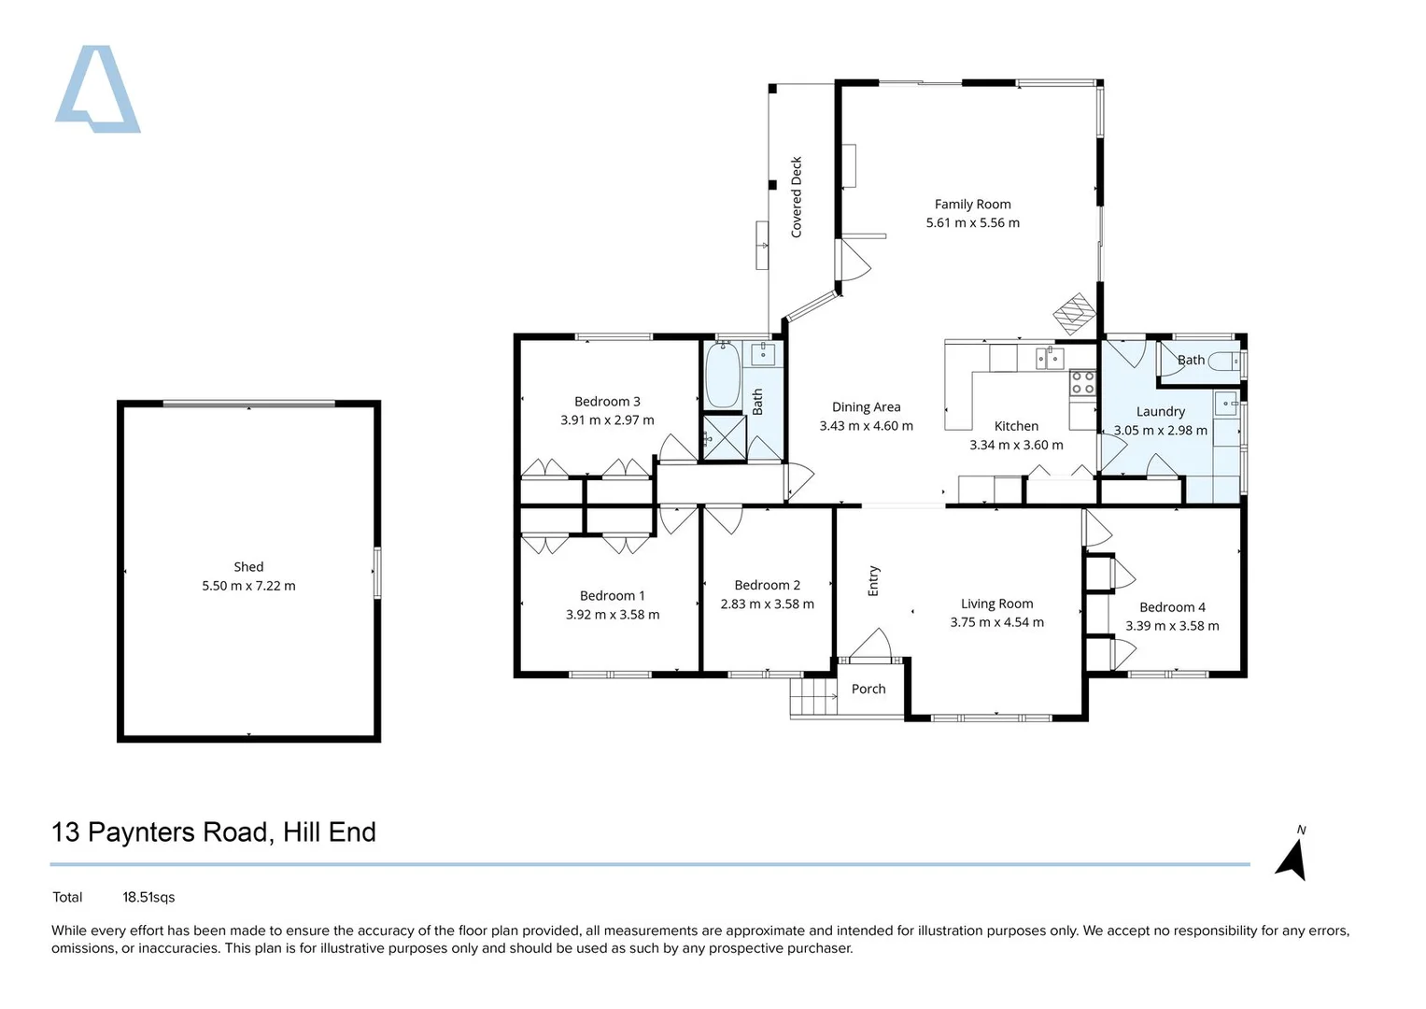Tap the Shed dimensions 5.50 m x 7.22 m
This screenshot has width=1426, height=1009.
248,586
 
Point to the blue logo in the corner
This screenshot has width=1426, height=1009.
97,89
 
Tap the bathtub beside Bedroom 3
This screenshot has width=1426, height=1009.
723,376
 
